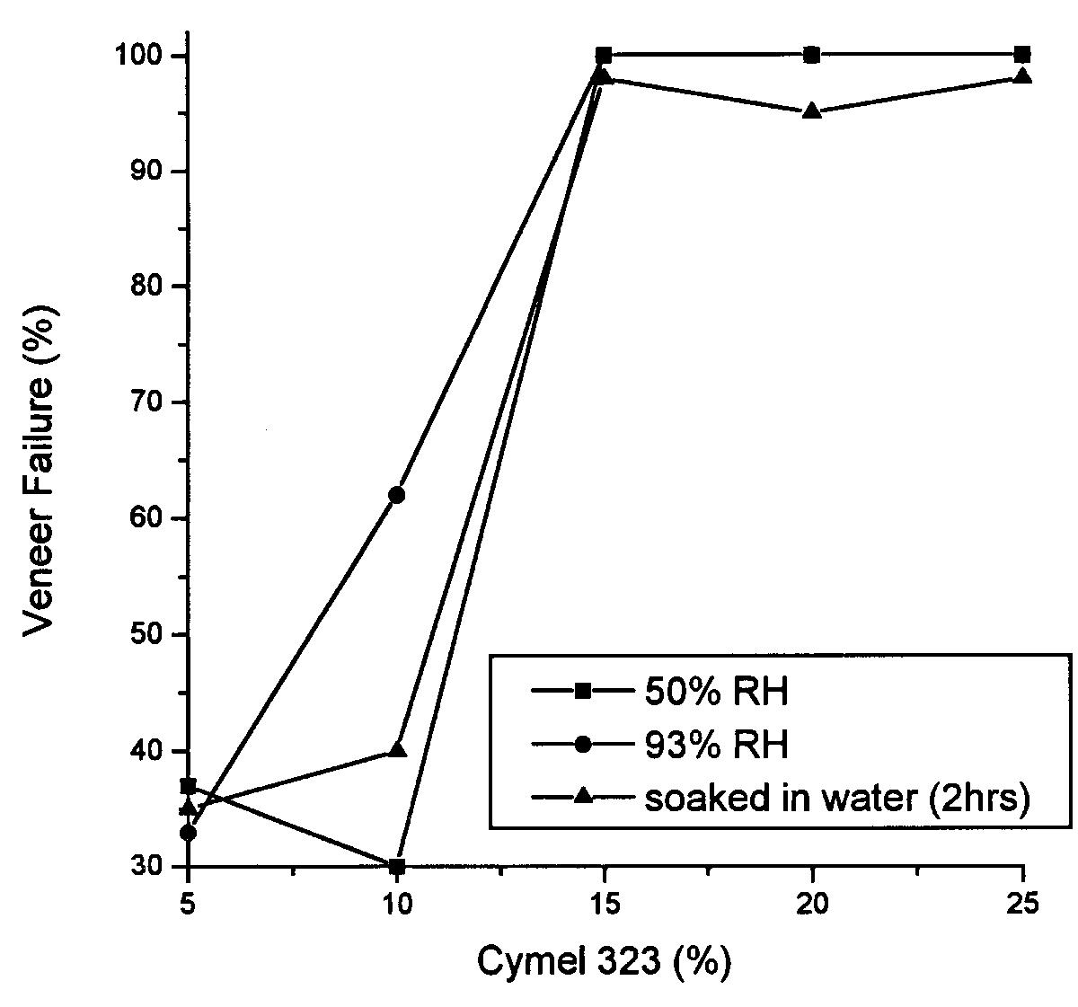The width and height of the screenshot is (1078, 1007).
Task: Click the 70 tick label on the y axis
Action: point(149,402)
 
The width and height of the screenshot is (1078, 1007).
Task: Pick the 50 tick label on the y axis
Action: point(149,634)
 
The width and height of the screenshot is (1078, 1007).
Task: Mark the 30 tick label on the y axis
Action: point(149,867)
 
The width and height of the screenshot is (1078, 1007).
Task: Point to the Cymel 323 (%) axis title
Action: point(603,962)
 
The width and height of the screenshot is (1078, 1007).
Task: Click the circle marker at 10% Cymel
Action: point(396,495)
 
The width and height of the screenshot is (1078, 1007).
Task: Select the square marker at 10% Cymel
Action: point(396,866)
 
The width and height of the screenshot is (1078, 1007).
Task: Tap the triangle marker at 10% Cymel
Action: point(396,749)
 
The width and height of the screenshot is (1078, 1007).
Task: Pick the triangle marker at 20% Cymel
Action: point(812,111)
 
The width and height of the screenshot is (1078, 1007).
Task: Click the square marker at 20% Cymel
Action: point(812,55)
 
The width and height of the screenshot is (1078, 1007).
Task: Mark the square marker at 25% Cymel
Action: point(1021,55)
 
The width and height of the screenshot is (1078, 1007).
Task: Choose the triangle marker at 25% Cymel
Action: point(1021,76)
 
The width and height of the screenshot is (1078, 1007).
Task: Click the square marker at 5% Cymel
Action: point(188,786)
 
